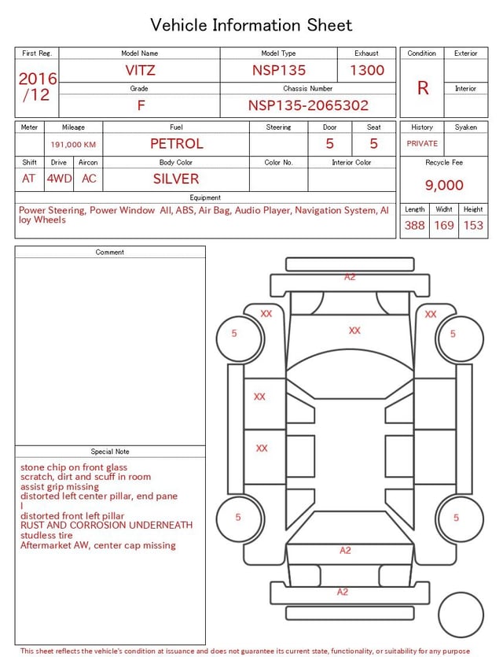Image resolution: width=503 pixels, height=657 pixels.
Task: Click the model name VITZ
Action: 140,70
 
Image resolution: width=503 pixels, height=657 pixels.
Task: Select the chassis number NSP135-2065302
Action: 308,105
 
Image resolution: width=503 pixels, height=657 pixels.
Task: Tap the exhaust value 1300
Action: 367,70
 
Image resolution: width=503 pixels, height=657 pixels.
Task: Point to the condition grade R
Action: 423,88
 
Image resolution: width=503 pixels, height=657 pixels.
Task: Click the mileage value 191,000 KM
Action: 73,145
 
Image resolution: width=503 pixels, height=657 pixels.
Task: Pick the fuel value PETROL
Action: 176,144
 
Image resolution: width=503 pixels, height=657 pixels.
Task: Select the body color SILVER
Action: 176,179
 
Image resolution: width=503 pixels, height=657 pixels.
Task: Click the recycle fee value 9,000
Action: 444,186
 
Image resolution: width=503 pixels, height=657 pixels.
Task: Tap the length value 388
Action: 414,225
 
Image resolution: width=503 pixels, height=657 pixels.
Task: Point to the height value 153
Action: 473,225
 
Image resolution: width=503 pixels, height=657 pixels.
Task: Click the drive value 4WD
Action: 59,179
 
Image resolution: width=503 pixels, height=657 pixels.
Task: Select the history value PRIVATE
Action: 422,144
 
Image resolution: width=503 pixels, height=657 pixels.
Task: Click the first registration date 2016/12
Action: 38,87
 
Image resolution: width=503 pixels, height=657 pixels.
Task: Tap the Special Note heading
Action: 110,452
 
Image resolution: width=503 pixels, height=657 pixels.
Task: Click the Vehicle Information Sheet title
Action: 251,25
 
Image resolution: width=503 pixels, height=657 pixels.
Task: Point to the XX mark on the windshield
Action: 354,330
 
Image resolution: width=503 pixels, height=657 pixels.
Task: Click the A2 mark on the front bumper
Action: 350,277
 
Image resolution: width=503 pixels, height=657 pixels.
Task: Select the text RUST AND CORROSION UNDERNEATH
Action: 106,525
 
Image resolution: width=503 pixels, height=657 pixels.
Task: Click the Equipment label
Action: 205,197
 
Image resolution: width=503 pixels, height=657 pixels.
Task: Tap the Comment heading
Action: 110,253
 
